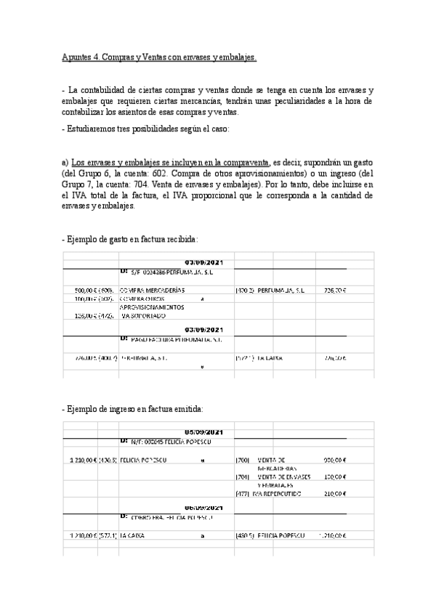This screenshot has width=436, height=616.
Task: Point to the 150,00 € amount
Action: [x=334, y=477]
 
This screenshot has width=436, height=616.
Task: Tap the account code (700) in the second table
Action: [x=243, y=460]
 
